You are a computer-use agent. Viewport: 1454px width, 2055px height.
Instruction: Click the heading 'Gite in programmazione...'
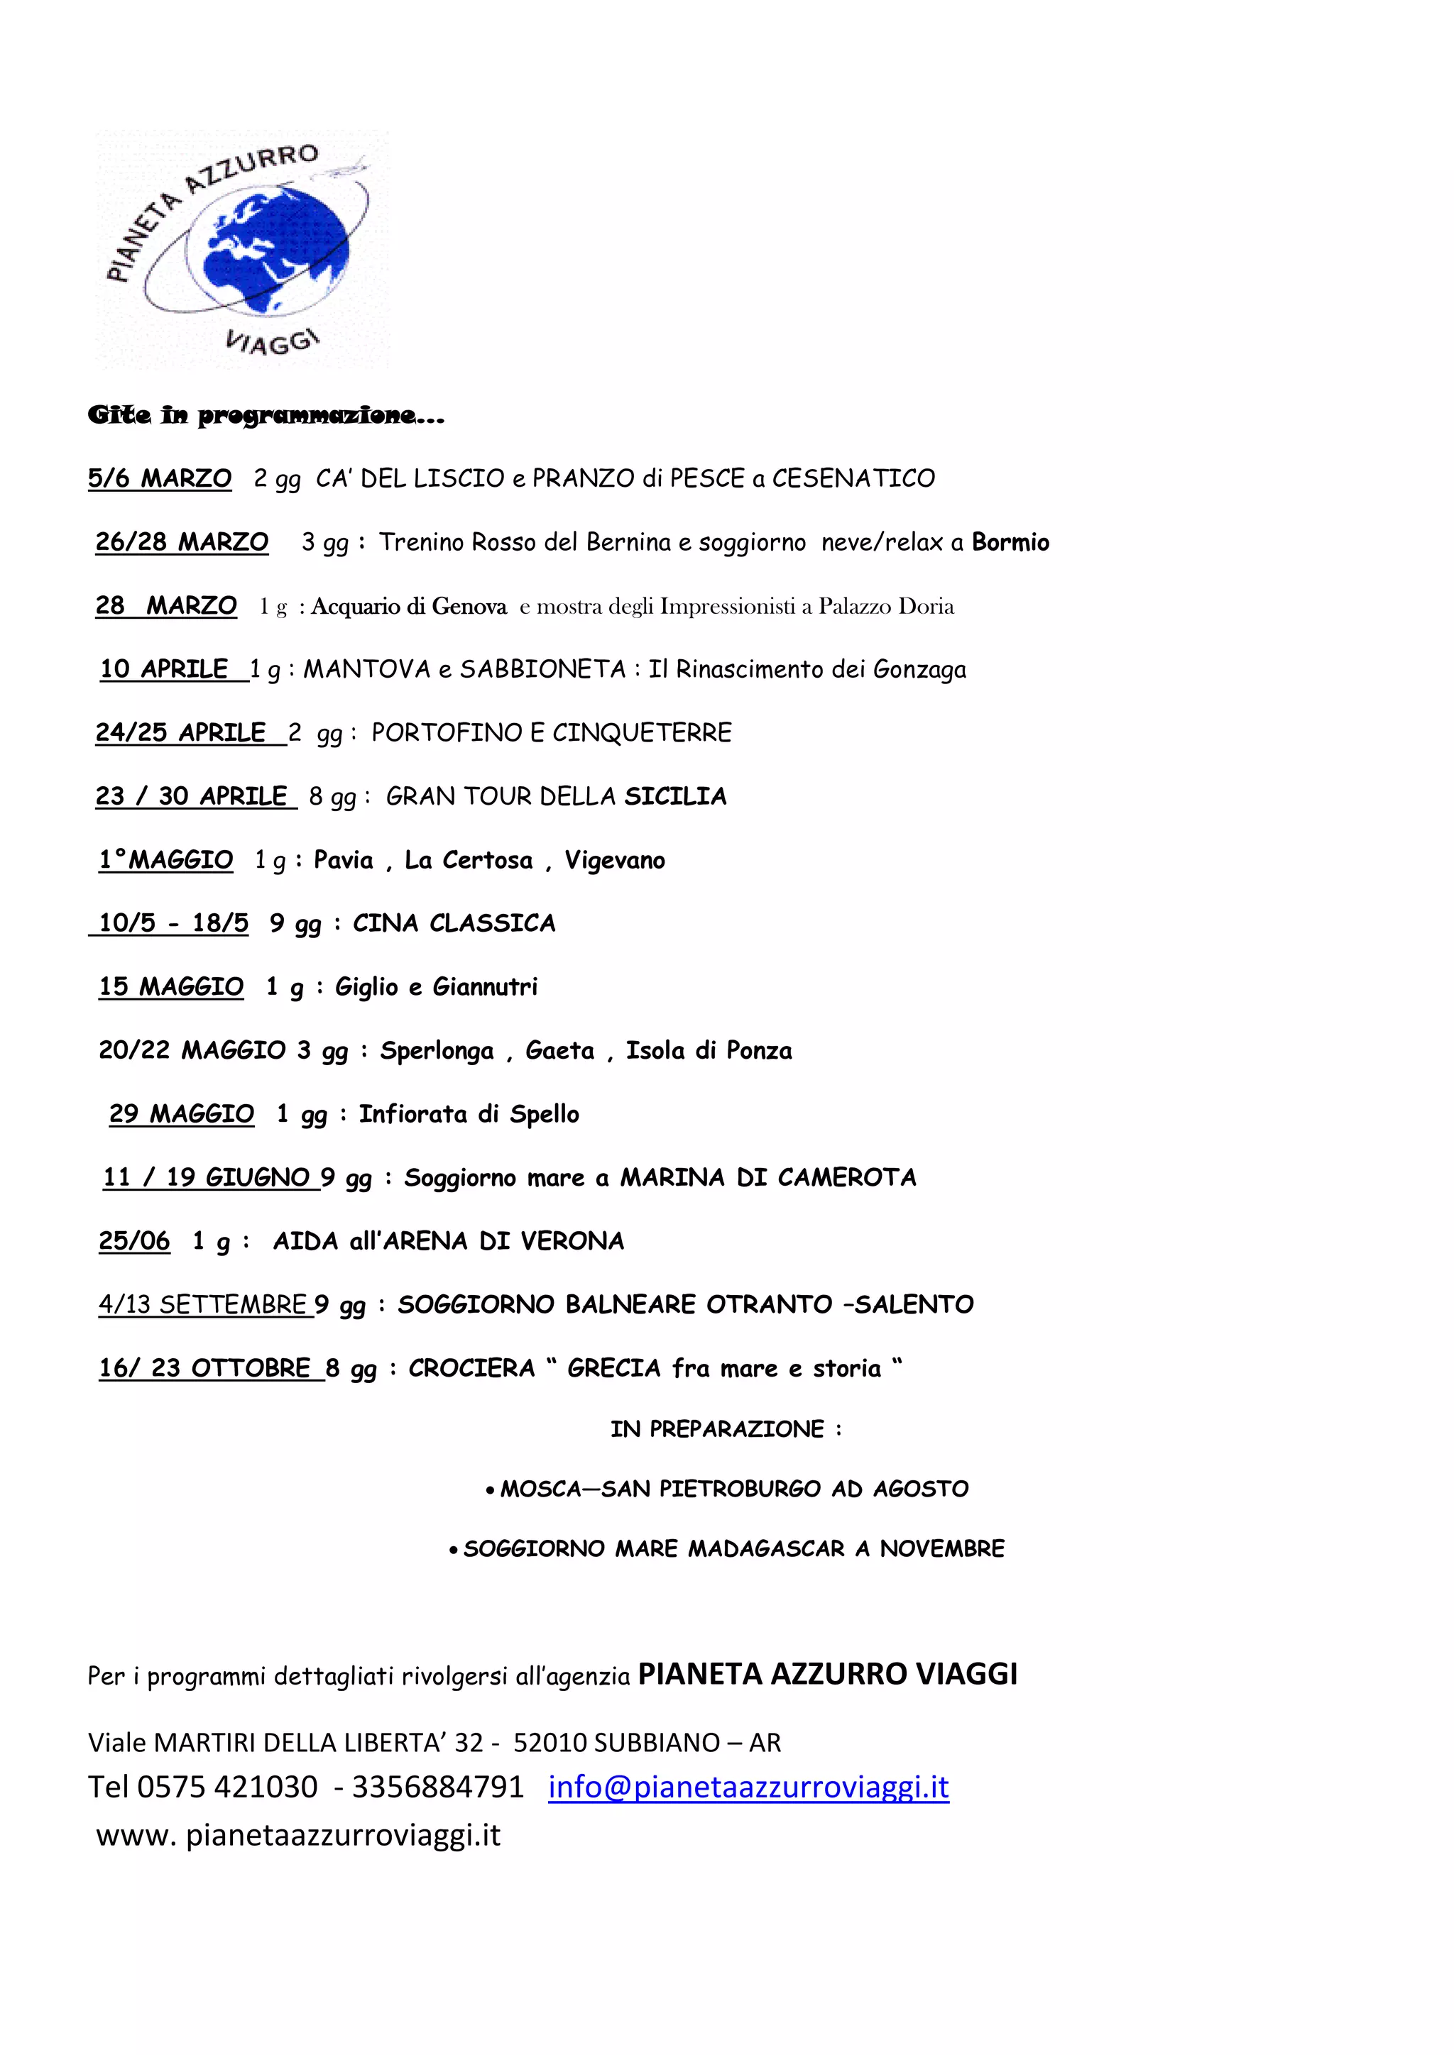(x=266, y=415)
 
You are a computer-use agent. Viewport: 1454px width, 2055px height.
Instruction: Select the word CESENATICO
(x=853, y=479)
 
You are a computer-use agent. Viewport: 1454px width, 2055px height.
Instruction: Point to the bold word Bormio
(x=1010, y=542)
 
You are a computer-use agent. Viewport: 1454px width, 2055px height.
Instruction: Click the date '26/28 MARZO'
(x=182, y=542)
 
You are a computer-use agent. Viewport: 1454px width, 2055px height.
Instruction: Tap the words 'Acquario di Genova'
(x=409, y=607)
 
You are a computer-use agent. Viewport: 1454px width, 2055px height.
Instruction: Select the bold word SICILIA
(x=675, y=797)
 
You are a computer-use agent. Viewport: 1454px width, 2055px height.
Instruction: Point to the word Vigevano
(x=614, y=860)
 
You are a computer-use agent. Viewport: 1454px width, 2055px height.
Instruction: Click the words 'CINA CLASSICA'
(x=454, y=924)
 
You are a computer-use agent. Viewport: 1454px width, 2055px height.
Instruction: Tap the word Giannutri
(x=486, y=987)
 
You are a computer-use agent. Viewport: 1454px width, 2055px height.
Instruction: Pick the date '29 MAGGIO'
(x=182, y=1114)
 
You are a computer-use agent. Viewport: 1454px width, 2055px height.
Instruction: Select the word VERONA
(x=572, y=1241)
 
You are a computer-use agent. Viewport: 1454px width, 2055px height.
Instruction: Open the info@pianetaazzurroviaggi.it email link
(x=748, y=1787)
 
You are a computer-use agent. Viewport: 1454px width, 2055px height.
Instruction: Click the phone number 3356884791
(x=437, y=1787)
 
